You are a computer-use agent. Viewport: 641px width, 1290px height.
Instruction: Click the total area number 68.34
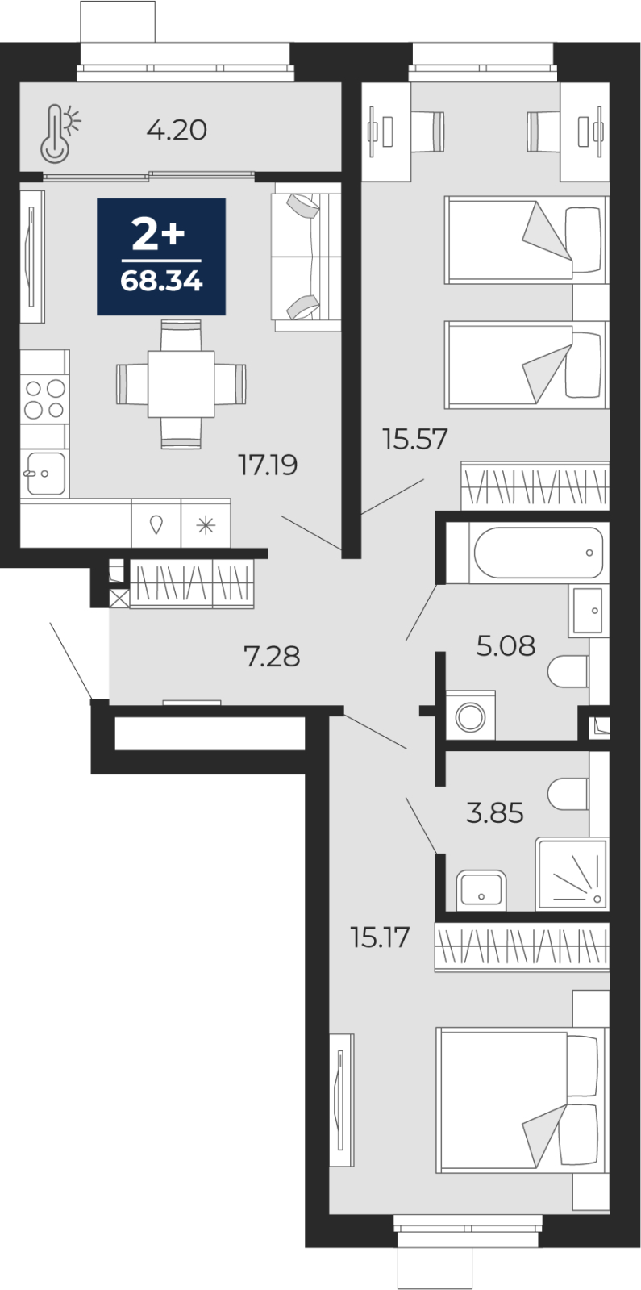click(x=161, y=282)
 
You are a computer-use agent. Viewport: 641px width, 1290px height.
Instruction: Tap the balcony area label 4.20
click(x=177, y=130)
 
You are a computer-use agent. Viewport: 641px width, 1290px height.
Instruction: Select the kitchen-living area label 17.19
click(x=268, y=465)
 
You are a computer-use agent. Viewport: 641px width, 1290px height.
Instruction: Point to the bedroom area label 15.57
click(x=415, y=439)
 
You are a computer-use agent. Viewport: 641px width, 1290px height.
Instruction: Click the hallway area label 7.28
click(x=273, y=657)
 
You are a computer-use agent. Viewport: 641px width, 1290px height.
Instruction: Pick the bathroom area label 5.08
click(x=506, y=645)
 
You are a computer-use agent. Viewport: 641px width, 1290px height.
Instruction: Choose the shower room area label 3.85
click(x=495, y=812)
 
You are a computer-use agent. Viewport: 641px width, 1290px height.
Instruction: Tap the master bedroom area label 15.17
click(x=381, y=937)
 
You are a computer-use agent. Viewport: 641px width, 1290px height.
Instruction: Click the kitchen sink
click(x=45, y=474)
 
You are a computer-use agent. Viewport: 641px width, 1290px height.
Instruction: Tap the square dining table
click(x=181, y=384)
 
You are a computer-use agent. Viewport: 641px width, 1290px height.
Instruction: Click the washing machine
click(x=471, y=715)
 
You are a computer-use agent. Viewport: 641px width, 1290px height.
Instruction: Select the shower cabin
click(x=572, y=875)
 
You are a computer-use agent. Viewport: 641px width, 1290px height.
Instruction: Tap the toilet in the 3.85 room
click(x=568, y=794)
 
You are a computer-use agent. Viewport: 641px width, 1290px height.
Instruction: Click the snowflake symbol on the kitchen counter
click(x=206, y=525)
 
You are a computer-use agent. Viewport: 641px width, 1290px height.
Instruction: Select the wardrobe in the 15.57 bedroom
click(x=535, y=486)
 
